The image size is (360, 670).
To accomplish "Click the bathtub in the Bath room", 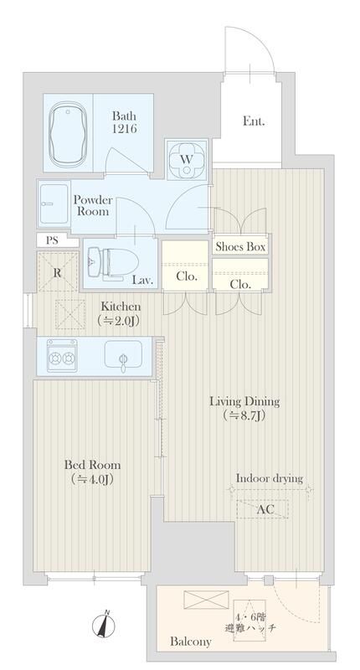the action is (x=67, y=133).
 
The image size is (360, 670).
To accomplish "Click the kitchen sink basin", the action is (x=123, y=354).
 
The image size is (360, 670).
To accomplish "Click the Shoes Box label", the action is (x=240, y=246).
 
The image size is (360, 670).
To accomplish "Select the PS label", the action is (x=52, y=240).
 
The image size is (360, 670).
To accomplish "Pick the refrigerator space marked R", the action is (x=58, y=271).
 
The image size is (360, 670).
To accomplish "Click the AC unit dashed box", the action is (x=262, y=509).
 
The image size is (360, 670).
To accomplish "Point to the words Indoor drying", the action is (x=270, y=478).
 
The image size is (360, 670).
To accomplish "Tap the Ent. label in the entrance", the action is (x=254, y=121).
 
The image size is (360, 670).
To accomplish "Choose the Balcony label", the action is (x=190, y=642).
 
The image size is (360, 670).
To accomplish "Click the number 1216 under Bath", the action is (x=125, y=129).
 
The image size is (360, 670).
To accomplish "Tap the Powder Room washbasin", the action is (x=54, y=204).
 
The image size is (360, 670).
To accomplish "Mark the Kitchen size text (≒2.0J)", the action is (x=118, y=320).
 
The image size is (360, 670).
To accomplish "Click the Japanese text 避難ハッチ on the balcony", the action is (x=250, y=627).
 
